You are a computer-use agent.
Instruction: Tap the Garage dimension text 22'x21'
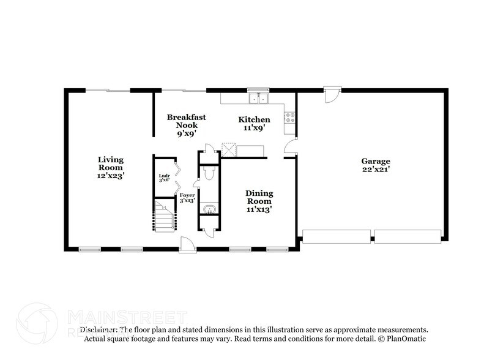(375, 169)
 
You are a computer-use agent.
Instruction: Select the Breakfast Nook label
(186, 120)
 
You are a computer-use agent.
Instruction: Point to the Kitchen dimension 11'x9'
(254, 129)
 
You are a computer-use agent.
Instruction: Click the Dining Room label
(259, 197)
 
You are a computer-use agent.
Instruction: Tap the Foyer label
(187, 195)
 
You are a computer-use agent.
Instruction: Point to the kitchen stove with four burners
(290, 117)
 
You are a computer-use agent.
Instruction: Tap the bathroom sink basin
(209, 210)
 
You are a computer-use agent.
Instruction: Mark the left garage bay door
(337, 236)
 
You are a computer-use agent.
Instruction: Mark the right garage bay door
(408, 236)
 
